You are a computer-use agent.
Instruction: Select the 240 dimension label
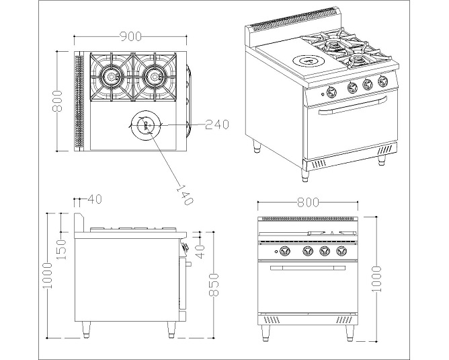click(x=217, y=124)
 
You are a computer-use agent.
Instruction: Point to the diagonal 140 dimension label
click(x=183, y=192)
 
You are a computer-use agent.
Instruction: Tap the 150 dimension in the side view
click(x=60, y=249)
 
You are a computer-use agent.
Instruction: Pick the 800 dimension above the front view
click(x=308, y=201)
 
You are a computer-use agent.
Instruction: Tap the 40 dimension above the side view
click(x=95, y=199)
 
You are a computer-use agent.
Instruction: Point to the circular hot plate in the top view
click(x=145, y=124)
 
